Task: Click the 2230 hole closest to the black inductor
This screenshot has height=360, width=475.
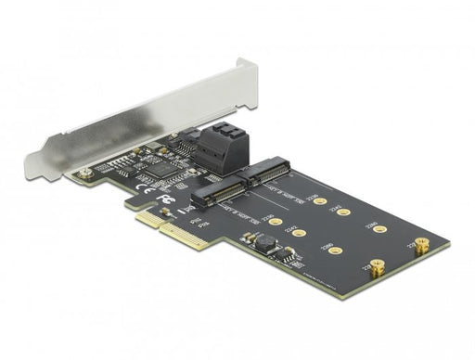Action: [x=274, y=224]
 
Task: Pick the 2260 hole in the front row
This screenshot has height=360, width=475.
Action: [x=337, y=249]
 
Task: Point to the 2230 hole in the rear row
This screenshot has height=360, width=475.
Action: [x=319, y=199]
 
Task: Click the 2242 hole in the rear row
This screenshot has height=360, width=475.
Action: [x=343, y=212]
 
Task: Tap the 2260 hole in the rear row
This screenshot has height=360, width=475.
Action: [x=380, y=227]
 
